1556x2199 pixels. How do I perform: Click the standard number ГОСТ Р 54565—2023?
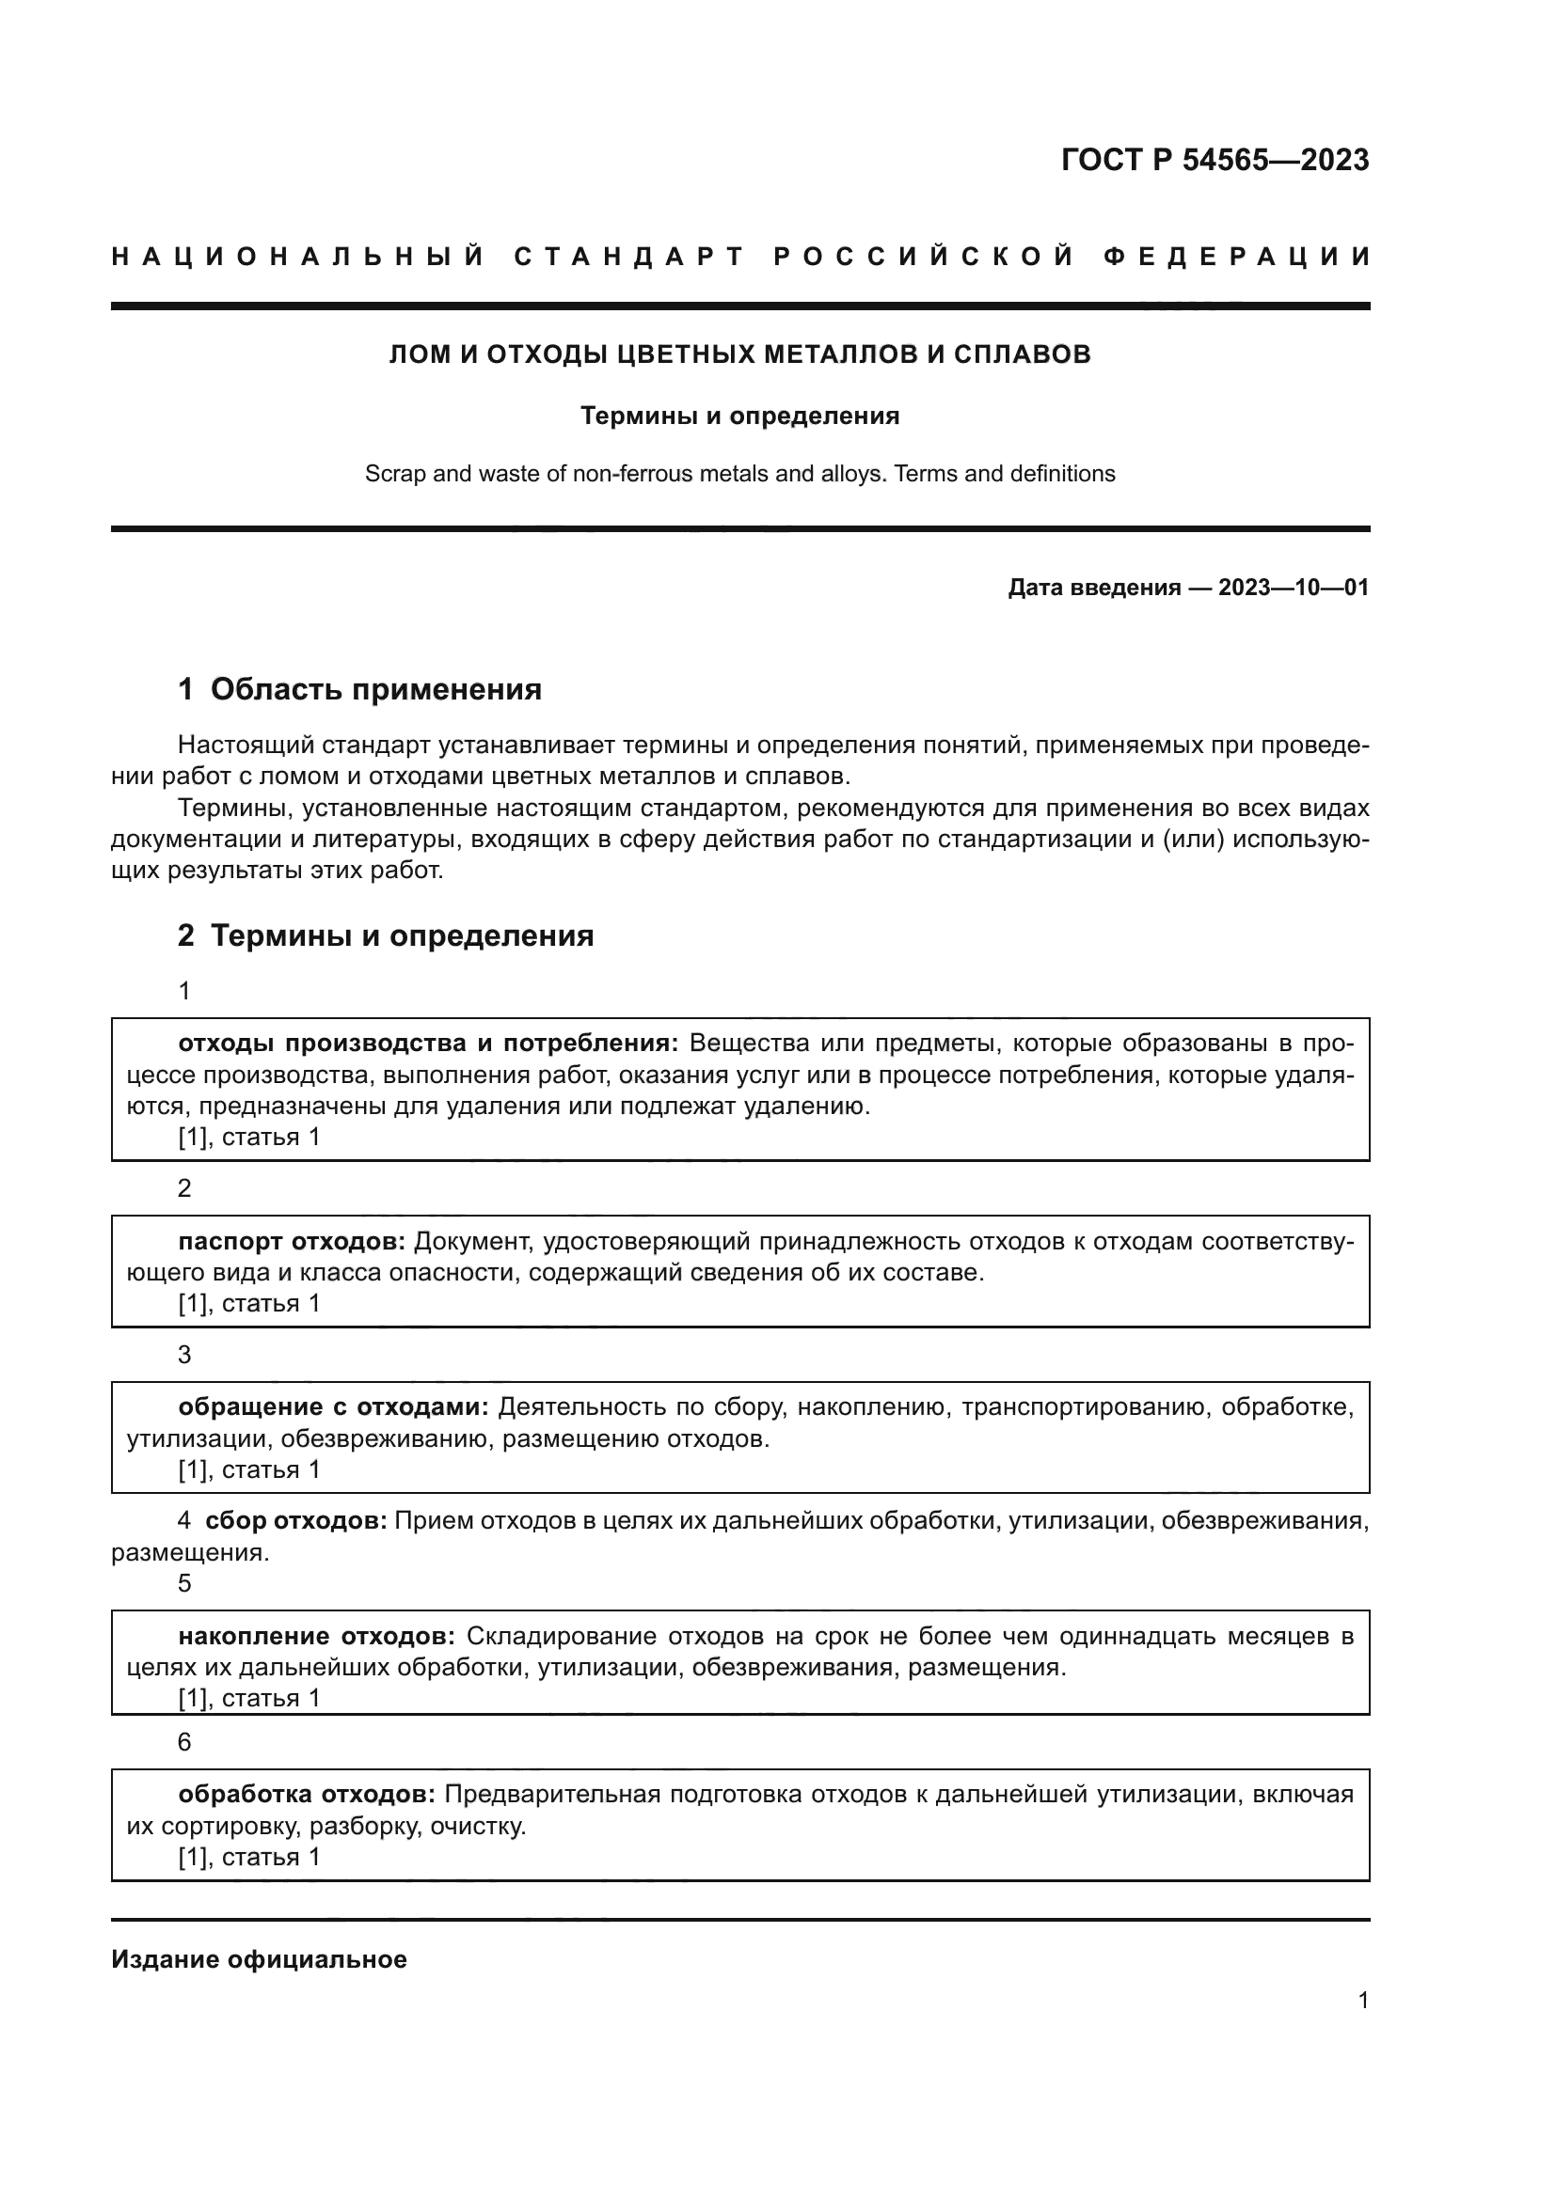(x=1214, y=160)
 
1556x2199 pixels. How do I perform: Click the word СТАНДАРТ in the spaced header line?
(x=628, y=257)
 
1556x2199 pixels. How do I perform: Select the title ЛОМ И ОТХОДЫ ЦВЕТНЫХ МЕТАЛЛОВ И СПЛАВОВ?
(x=739, y=354)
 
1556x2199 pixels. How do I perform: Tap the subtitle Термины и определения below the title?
(x=739, y=416)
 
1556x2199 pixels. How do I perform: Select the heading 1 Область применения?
(x=360, y=689)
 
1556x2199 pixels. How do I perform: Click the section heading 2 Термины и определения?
(x=385, y=935)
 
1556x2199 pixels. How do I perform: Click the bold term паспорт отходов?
(x=293, y=1241)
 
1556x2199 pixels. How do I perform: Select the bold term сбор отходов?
(x=295, y=1521)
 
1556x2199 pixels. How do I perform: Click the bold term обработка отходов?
(x=307, y=1794)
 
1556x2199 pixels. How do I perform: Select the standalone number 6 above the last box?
(x=185, y=1742)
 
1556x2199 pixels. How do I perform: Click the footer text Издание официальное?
(x=259, y=1959)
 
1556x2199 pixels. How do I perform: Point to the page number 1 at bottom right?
(x=1362, y=2001)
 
